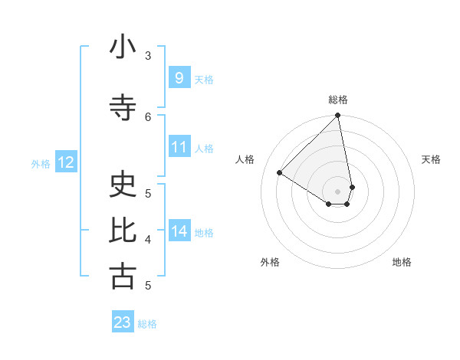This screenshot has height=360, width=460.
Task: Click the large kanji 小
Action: coord(123,47)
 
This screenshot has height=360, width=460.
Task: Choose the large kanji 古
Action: coord(123,277)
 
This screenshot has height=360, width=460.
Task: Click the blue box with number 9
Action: coord(179,78)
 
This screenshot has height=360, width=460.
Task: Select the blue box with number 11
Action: coord(179,147)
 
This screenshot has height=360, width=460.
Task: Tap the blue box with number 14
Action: coord(179,231)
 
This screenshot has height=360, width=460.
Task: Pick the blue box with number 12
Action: coord(66,162)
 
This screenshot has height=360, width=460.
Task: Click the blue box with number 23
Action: coord(123,322)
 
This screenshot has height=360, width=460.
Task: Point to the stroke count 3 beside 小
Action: coord(148,55)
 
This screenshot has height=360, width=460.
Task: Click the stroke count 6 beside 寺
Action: coord(148,116)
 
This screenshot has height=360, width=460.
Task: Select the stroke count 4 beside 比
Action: coord(148,239)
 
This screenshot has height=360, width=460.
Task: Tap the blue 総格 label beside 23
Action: coord(147,324)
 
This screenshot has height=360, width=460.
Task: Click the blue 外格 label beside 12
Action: coord(41,163)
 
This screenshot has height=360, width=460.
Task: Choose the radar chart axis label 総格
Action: coord(338,100)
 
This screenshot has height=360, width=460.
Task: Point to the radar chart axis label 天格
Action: coord(432,159)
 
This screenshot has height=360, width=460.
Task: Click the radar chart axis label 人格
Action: coord(245,159)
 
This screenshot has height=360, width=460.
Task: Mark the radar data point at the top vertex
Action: coord(338,116)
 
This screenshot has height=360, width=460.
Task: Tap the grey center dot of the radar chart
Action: coord(338,191)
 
